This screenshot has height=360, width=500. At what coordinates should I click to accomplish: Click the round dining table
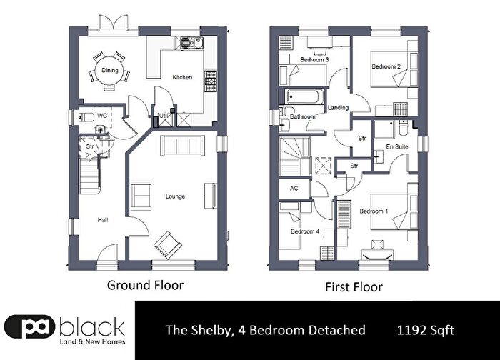point(110,70)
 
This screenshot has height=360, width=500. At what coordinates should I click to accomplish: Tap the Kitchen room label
point(182,77)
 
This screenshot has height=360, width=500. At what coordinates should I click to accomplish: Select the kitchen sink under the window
point(191,43)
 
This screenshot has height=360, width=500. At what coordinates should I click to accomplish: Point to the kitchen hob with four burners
point(211,81)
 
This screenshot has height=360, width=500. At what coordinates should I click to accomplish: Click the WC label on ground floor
point(102,116)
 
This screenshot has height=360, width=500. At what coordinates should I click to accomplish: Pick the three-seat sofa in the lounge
point(182,146)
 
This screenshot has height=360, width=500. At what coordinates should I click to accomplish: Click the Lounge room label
point(175,196)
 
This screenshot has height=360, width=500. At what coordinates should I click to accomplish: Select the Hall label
point(103,220)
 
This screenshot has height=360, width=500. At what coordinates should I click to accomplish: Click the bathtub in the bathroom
point(304,96)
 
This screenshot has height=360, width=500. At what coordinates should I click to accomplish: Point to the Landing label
point(338,108)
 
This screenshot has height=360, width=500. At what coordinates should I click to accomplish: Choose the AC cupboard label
point(294,189)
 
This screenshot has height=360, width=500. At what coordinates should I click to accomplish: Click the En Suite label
point(397,146)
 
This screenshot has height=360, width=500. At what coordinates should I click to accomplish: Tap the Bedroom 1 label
point(374,211)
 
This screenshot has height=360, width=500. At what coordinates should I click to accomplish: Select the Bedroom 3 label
point(314,59)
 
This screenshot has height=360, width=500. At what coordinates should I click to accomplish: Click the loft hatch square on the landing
point(324,166)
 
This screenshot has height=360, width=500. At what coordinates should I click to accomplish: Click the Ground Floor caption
point(146,285)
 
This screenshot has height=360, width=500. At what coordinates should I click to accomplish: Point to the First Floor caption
point(354,287)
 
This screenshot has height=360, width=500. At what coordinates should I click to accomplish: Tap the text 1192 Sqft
point(426,330)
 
